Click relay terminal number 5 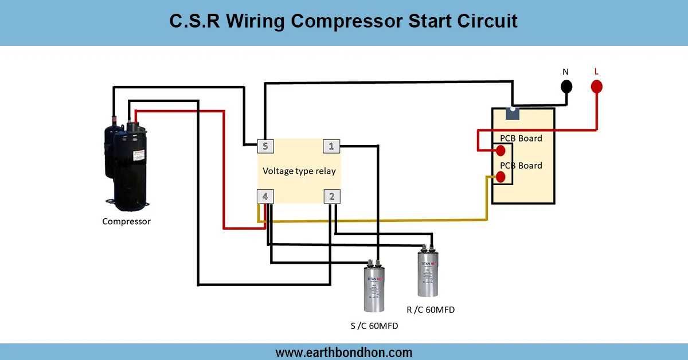click(x=264, y=146)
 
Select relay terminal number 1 click(x=331, y=146)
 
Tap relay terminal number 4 click(x=264, y=197)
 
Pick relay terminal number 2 click(x=331, y=197)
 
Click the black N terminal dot click(x=566, y=87)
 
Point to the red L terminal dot click(x=596, y=87)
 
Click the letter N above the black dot click(x=566, y=72)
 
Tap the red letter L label click(x=596, y=72)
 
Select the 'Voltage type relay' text click(x=299, y=171)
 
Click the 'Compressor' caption click(x=126, y=221)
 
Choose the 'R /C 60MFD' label click(x=431, y=310)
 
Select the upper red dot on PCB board click(x=501, y=151)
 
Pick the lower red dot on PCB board click(x=501, y=177)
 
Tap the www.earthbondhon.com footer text click(x=343, y=352)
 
